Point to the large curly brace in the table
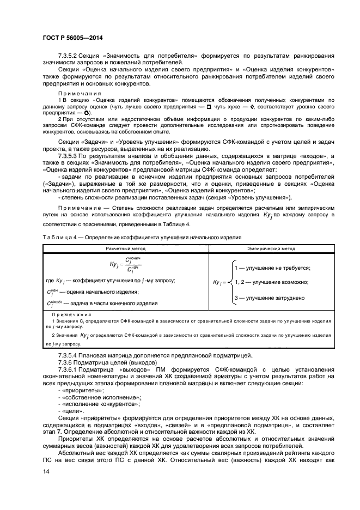pyautogui.click(x=227, y=282)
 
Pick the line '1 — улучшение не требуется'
pyautogui.click(x=272, y=268)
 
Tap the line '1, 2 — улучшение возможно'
pyautogui.click(x=271, y=282)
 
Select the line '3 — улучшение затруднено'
pyautogui.click(x=269, y=297)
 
